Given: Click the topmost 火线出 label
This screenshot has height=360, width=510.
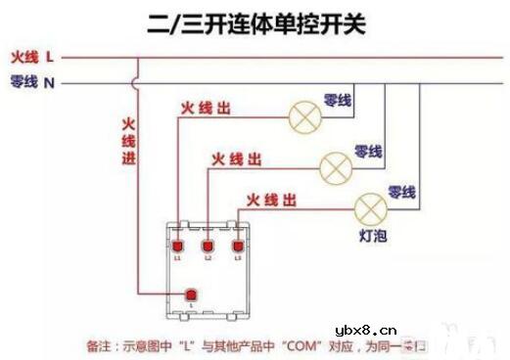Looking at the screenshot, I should click(x=205, y=109).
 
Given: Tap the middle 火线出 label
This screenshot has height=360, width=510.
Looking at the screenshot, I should click(x=236, y=157).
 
